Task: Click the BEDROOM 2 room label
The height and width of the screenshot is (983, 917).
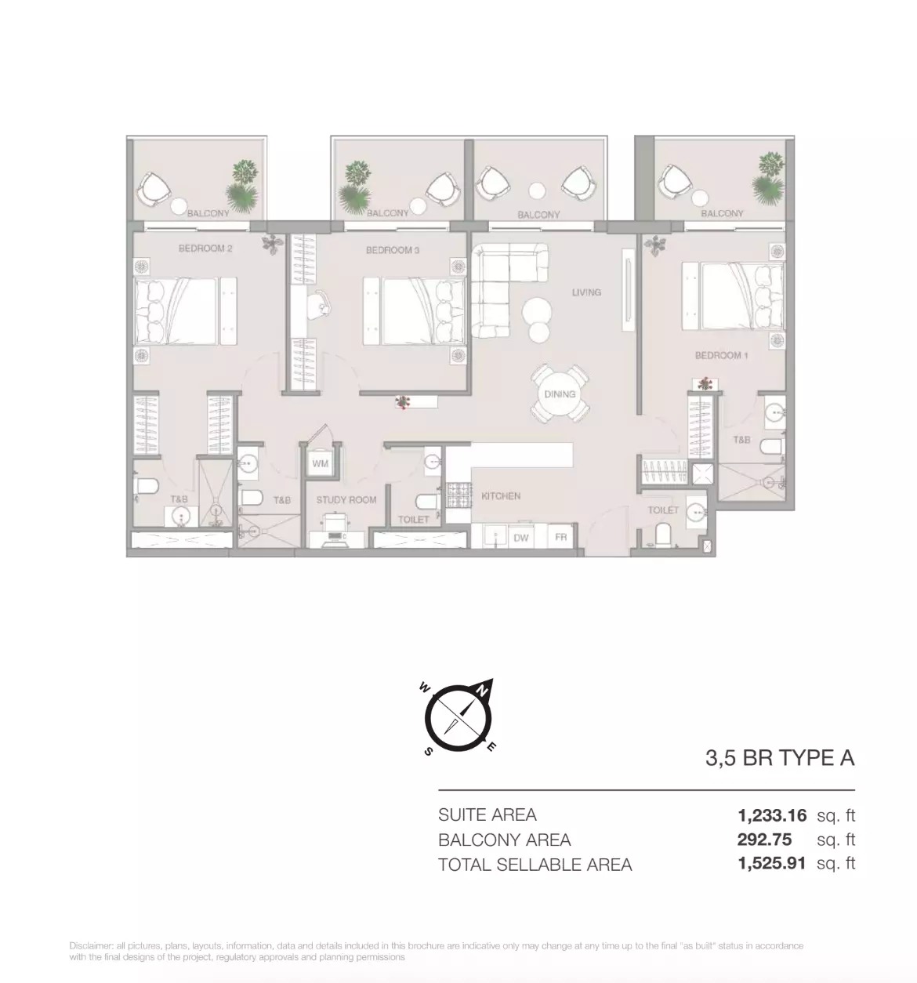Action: click(205, 249)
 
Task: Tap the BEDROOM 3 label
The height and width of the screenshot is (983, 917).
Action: click(393, 251)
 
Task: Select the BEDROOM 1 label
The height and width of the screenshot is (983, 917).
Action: click(721, 355)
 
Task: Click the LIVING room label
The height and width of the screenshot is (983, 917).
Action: click(586, 292)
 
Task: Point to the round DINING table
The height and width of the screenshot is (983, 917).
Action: click(560, 394)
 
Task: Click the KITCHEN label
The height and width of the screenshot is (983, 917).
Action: click(500, 496)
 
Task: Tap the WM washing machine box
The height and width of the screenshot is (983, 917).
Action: click(320, 464)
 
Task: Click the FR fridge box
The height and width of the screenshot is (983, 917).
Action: click(561, 538)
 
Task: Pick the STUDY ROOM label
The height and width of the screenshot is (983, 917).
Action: click(346, 499)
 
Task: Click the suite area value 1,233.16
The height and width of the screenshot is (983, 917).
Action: click(772, 815)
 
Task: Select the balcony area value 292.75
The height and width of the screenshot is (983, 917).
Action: click(764, 840)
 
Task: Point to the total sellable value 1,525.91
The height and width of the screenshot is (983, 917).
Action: click(772, 865)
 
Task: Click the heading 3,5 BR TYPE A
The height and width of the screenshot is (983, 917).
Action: click(779, 758)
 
